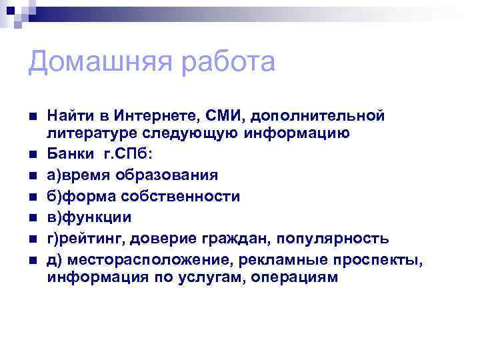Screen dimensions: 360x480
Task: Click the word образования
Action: click(x=169, y=175)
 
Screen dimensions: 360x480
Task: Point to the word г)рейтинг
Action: click(x=83, y=239)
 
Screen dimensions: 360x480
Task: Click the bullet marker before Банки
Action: click(x=33, y=155)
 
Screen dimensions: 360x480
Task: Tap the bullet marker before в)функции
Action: click(x=33, y=218)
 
